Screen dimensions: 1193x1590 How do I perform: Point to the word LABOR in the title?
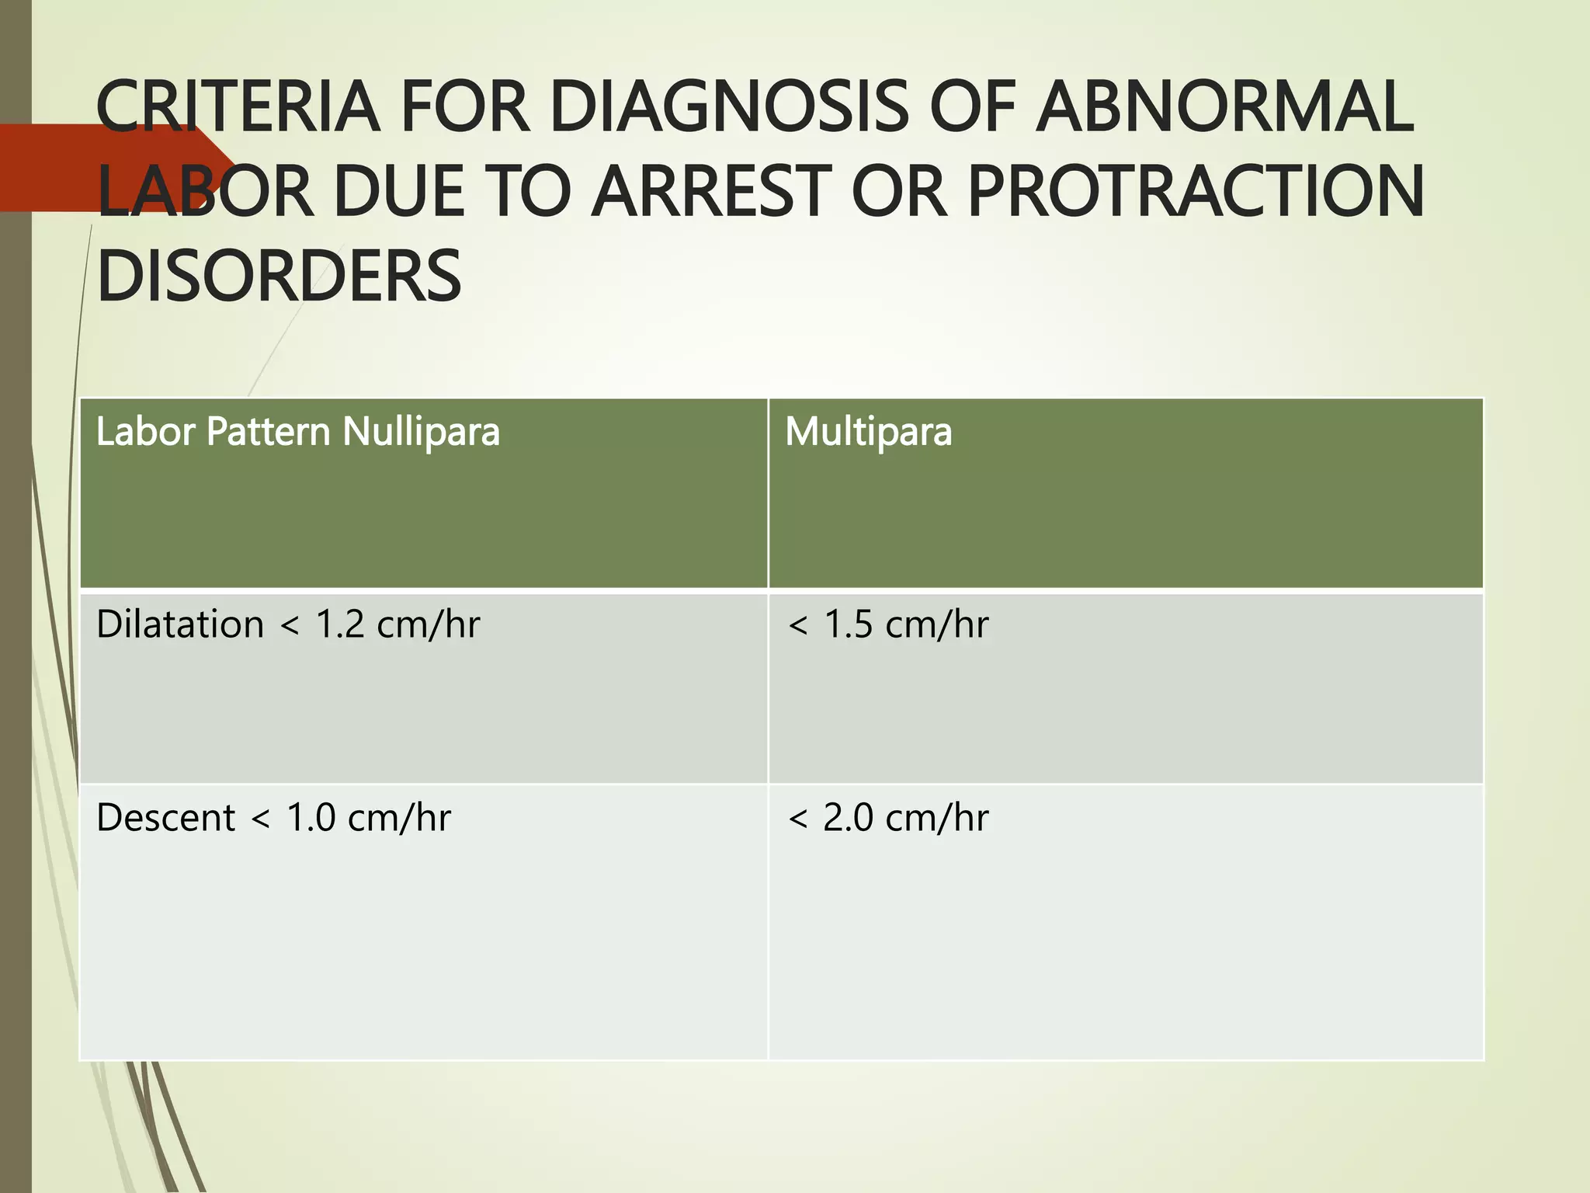coord(206,192)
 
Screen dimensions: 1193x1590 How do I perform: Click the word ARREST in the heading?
coord(711,192)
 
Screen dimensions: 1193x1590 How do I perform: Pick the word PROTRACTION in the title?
coord(1196,192)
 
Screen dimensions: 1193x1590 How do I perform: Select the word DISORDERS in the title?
coord(279,277)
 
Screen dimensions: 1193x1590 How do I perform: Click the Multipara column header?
coord(868,432)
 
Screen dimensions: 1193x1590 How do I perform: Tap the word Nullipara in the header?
coord(421,432)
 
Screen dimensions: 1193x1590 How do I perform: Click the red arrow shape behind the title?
coord(47,167)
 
